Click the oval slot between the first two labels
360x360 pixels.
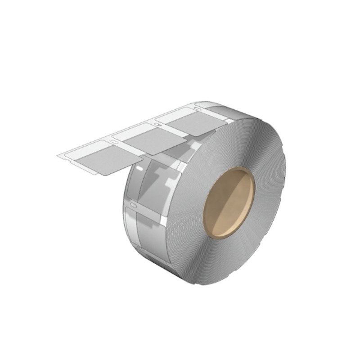(114, 143)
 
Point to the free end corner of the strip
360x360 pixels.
(58, 156)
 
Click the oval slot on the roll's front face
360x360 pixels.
(132, 206)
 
